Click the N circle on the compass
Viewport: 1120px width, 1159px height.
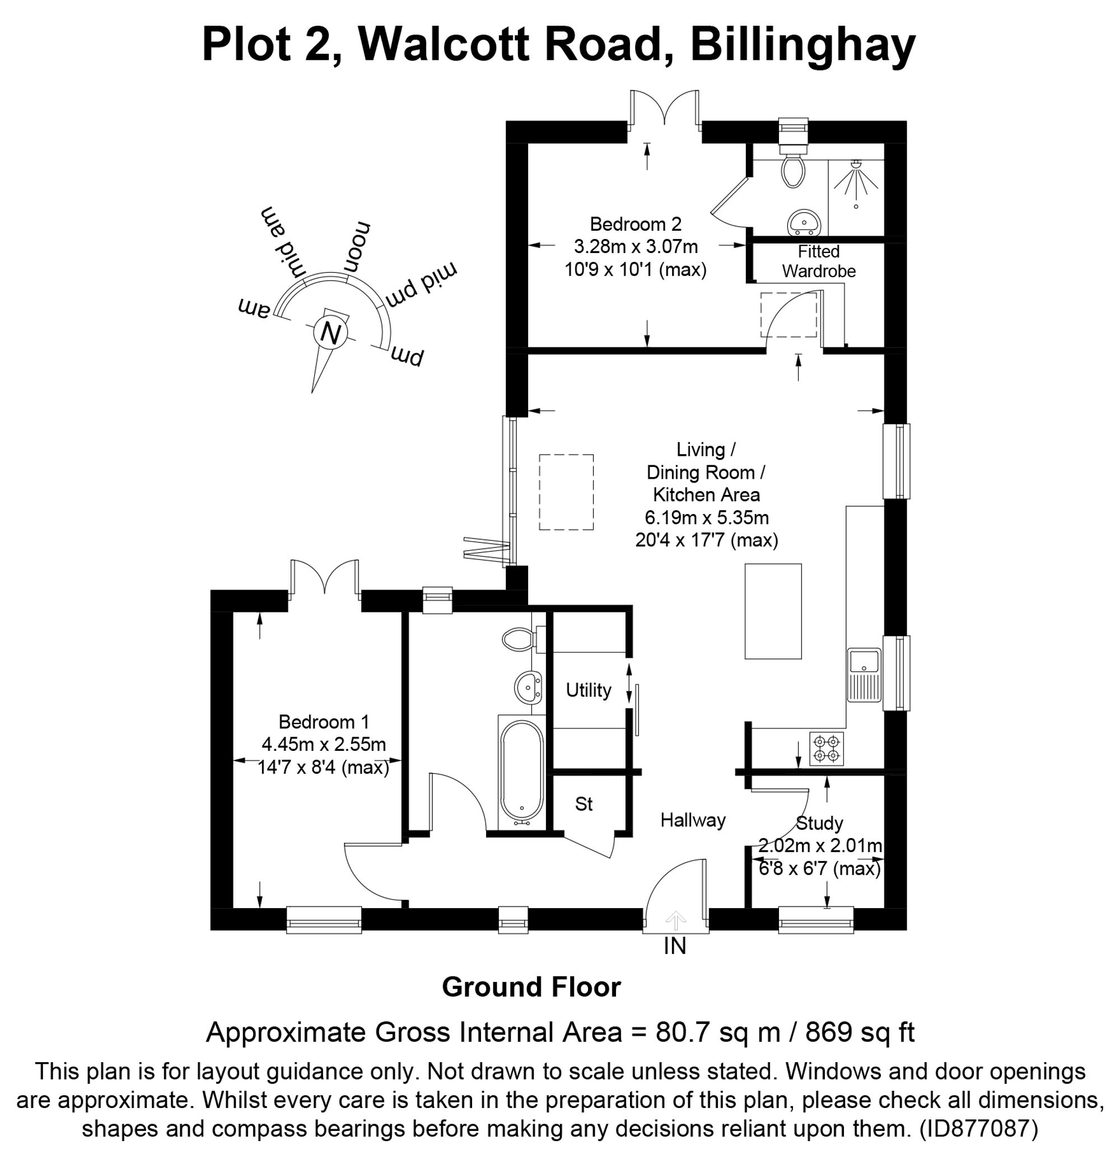click(x=330, y=333)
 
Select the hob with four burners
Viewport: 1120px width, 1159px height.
click(x=826, y=749)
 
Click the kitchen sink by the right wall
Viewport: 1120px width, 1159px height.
click(x=864, y=675)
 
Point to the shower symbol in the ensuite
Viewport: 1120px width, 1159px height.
click(x=856, y=179)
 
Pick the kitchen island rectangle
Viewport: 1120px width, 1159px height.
click(x=773, y=611)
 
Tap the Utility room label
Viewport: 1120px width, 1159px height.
click(x=588, y=690)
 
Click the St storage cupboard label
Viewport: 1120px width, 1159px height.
click(x=584, y=803)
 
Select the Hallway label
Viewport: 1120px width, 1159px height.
click(x=693, y=820)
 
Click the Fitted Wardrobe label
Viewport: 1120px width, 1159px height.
click(x=818, y=261)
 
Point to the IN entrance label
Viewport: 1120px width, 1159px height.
click(x=675, y=946)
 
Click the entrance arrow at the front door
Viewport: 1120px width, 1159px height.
click(x=675, y=919)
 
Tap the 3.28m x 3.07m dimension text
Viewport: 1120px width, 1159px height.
click(x=636, y=246)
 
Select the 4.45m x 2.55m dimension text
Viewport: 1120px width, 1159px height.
click(x=324, y=744)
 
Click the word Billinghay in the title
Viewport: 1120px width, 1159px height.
click(x=803, y=44)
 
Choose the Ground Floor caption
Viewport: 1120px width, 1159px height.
click(x=531, y=987)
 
